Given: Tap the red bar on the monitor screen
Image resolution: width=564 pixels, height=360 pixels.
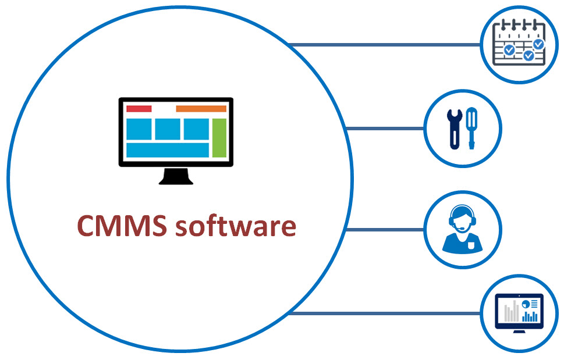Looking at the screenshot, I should click(x=139, y=109).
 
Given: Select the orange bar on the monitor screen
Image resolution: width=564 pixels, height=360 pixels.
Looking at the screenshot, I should click(x=201, y=109).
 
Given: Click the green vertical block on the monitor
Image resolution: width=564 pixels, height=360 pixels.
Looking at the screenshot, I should click(x=219, y=138).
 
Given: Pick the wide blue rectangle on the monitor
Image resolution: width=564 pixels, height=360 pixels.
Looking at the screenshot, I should click(x=168, y=150).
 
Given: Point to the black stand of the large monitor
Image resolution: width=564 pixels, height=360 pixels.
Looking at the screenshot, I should click(x=176, y=176).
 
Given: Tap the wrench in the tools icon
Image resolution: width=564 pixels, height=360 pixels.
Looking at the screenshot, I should click(x=452, y=129).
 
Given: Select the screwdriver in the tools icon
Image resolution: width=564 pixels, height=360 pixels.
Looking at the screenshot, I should click(x=471, y=128).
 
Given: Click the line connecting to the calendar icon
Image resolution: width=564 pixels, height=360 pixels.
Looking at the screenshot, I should click(x=384, y=45).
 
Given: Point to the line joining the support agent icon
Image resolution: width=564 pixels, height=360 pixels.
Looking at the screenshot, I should click(x=384, y=230).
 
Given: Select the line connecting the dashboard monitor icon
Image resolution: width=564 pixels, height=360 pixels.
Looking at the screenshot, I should click(x=384, y=313).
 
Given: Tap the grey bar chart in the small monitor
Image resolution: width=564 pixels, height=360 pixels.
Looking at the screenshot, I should click(x=511, y=313).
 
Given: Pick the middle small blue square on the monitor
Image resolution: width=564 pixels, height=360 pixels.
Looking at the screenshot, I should click(x=168, y=129).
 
